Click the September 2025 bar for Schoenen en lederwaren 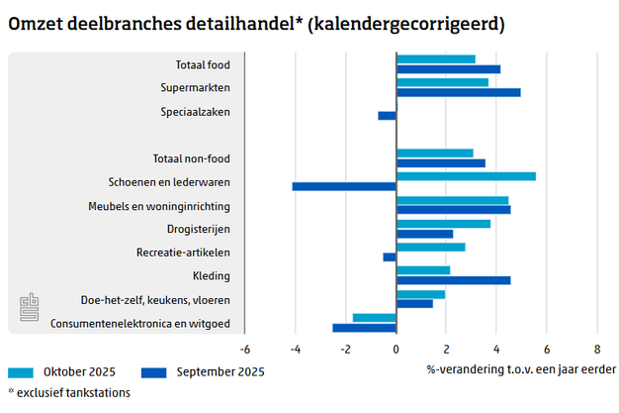click(x=344, y=186)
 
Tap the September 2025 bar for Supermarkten click(x=458, y=93)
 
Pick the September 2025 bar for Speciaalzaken click(x=387, y=116)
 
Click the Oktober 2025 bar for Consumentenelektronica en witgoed click(x=374, y=318)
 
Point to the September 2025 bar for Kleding click(x=453, y=280)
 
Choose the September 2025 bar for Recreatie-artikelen click(x=390, y=258)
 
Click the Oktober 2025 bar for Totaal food click(x=435, y=59)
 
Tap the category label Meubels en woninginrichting click(x=169, y=206)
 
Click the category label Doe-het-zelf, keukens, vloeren click(x=155, y=300)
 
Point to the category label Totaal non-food click(x=192, y=158)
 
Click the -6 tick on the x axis click(x=244, y=349)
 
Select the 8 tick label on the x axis click(x=597, y=349)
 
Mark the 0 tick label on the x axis click(x=396, y=349)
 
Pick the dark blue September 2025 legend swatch click(x=153, y=372)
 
